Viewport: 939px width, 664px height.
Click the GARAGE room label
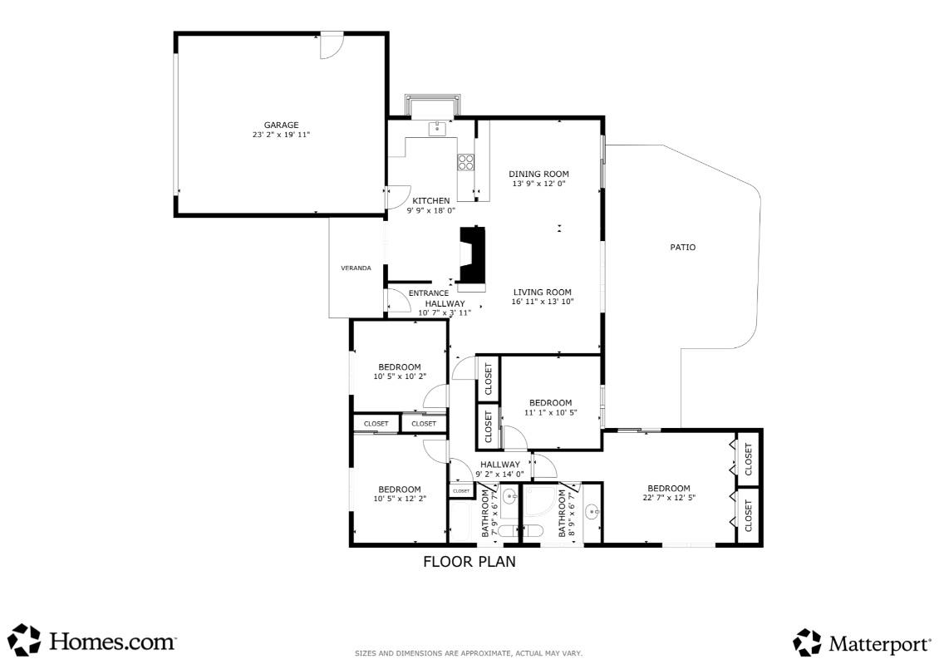click(281, 125)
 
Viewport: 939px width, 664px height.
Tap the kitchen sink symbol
click(437, 128)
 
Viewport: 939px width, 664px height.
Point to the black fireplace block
click(471, 256)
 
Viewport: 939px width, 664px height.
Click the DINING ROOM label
click(538, 174)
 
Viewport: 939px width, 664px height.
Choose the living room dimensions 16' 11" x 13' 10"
click(543, 302)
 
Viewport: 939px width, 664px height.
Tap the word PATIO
click(682, 248)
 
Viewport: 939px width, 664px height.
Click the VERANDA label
click(356, 268)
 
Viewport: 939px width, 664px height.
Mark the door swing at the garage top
click(332, 47)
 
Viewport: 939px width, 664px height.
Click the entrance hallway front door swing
click(397, 300)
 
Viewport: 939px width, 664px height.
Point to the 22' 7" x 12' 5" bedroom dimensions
click(668, 498)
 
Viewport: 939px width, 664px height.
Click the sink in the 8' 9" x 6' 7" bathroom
click(591, 511)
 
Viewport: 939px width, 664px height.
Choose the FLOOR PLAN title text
click(469, 562)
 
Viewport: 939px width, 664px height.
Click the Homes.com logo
click(92, 641)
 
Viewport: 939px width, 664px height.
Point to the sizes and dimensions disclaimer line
click(469, 654)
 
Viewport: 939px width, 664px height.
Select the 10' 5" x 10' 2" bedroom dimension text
click(399, 376)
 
